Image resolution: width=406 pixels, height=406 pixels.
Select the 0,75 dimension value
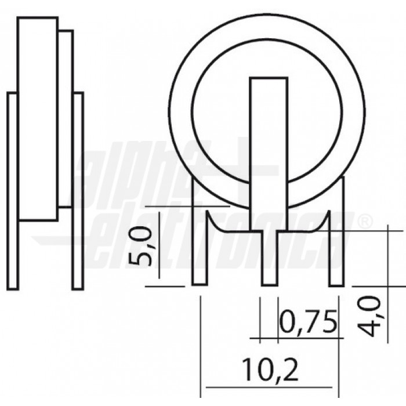pos(308,322)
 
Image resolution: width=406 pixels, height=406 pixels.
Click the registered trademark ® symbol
pos(364,222)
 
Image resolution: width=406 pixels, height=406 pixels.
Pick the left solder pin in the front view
pos(200,255)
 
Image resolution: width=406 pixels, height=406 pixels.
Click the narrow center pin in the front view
pos(269,258)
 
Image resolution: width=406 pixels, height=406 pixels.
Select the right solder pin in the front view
pos(337,255)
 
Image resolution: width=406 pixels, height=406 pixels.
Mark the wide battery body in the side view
pos(38,119)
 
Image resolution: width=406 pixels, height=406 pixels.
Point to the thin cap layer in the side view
pos(66,119)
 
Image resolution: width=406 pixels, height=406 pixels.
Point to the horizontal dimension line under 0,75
pos(296,337)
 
